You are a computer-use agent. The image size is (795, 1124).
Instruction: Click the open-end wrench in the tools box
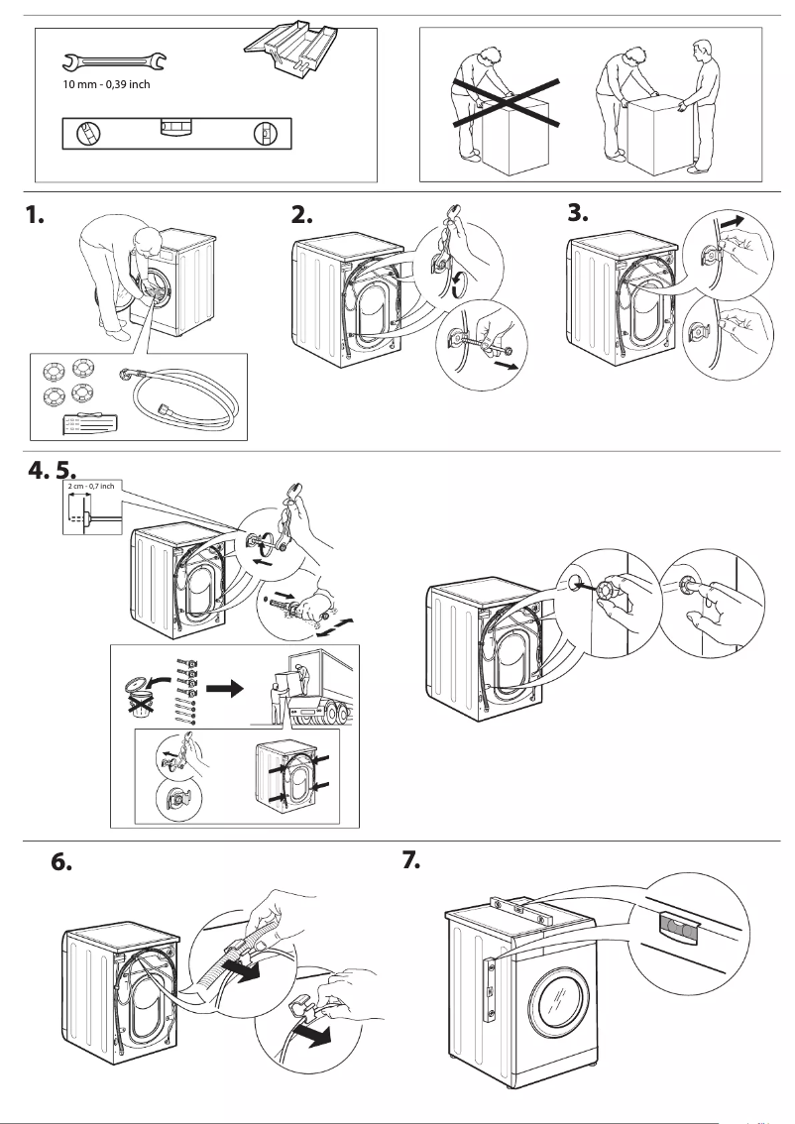(114, 63)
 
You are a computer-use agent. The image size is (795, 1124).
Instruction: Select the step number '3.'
(578, 215)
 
